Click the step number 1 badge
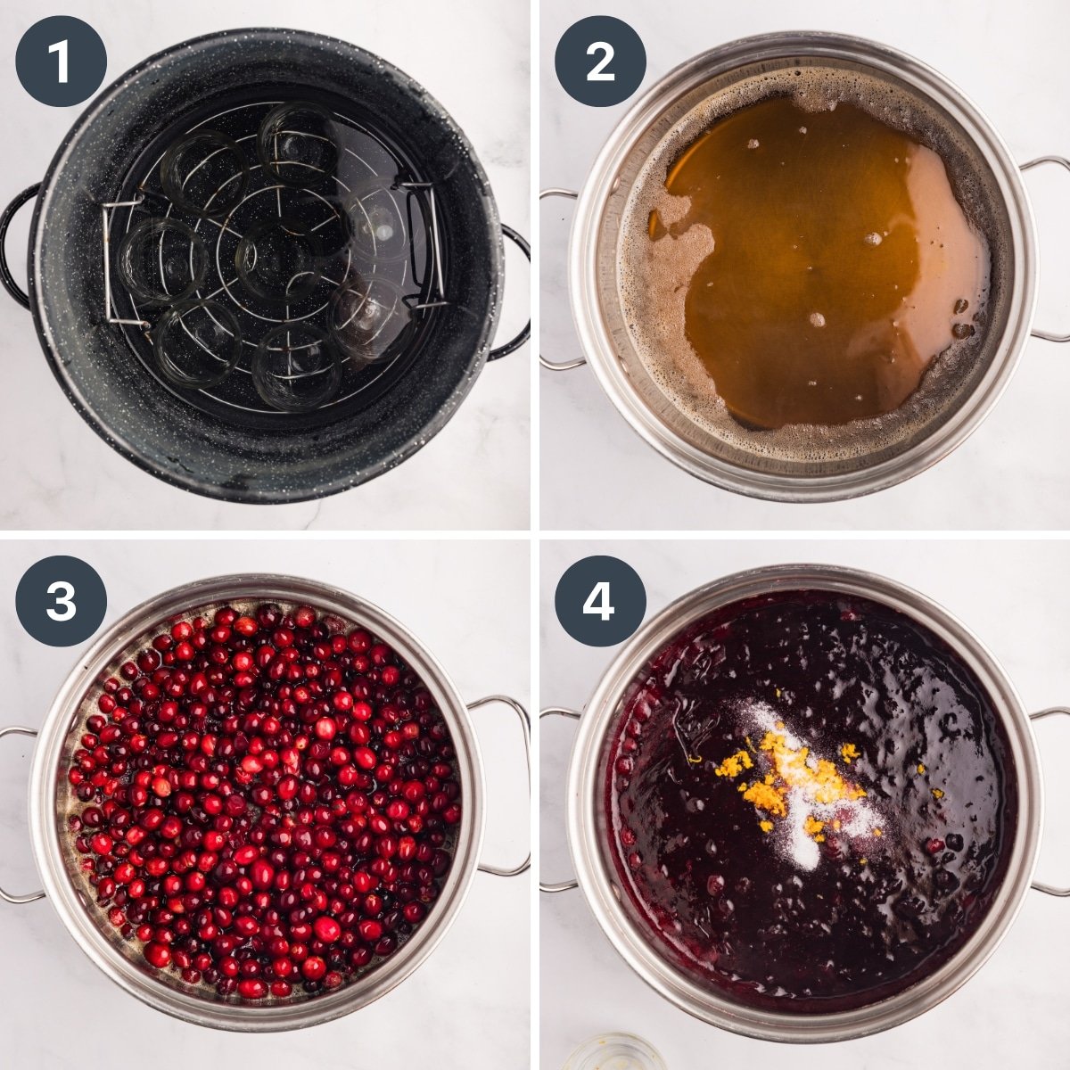[x=61, y=62]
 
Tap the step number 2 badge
[x=600, y=62]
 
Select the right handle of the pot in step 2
[x=1049, y=249]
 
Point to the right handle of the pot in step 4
[x=1050, y=802]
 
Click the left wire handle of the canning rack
[x=110, y=263]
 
